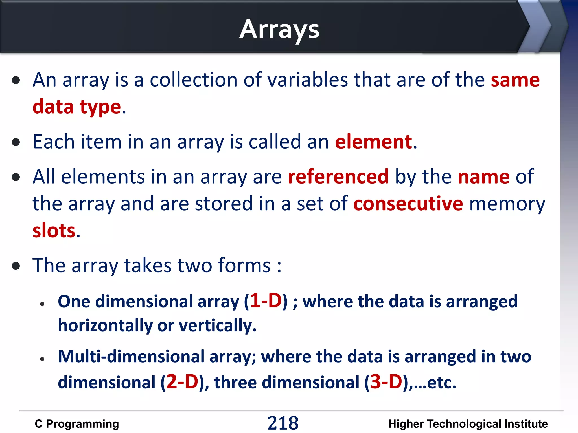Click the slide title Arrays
coord(279,30)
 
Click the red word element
coord(374,142)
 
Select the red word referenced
coord(338,177)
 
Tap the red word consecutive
coord(408,204)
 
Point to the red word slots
coord(54,231)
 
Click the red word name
coord(483,177)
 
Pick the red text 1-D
coord(266,301)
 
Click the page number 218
coord(283,423)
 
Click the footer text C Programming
coord(77,424)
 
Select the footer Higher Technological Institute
coord(468,424)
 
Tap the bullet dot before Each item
coord(16,142)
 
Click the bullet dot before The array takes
coord(16,266)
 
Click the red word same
coord(515,80)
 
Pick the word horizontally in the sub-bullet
coord(105,326)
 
